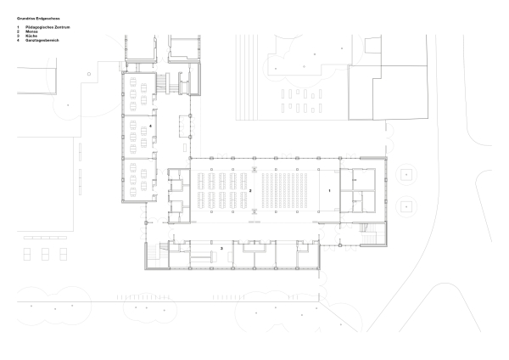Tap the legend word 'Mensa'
[32, 31]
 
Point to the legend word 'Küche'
[32, 36]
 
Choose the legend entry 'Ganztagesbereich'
[42, 40]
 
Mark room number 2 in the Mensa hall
[251, 191]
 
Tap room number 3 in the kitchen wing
[221, 248]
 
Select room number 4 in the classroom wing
[150, 126]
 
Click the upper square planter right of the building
[406, 177]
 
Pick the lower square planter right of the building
[406, 205]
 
